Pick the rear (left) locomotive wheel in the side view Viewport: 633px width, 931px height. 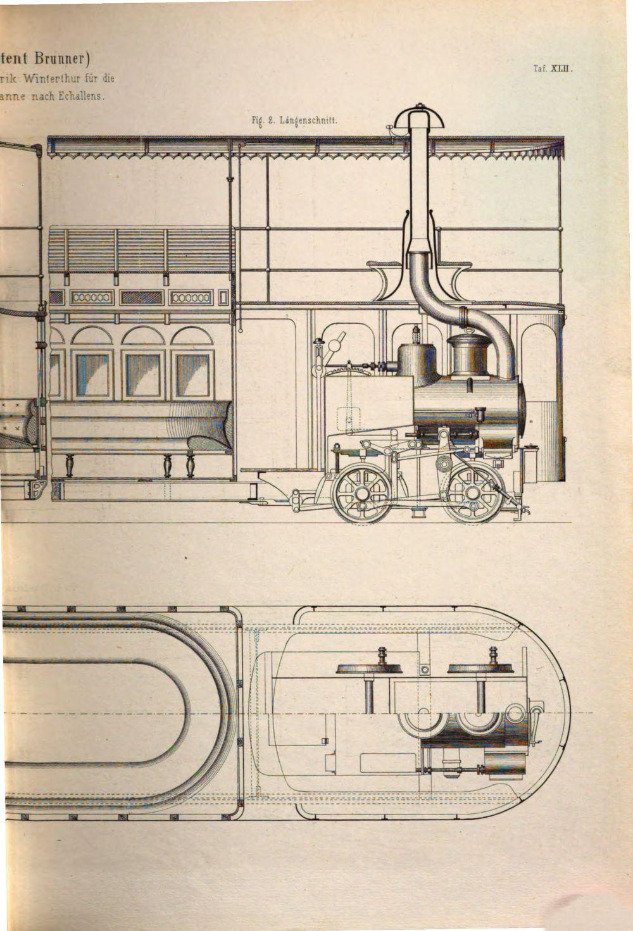click(361, 495)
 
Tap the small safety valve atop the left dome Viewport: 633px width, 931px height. click(417, 333)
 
